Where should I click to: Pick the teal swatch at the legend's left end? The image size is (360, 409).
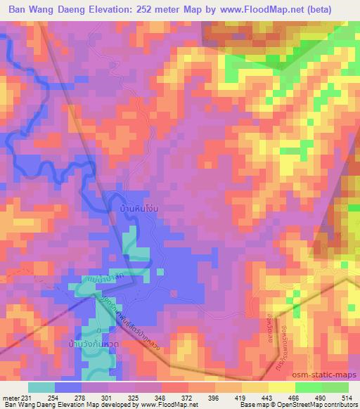[41, 387]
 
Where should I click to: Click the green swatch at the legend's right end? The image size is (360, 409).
[335, 387]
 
